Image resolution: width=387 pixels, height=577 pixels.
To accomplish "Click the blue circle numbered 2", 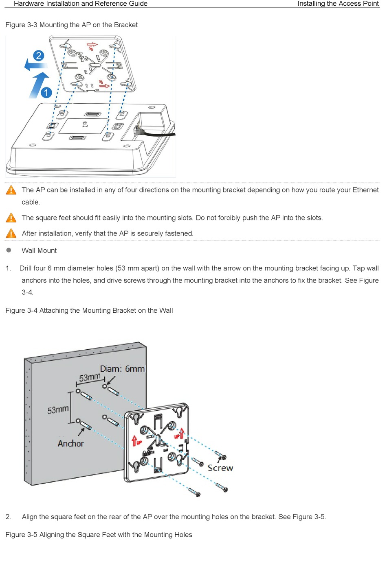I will pyautogui.click(x=38, y=56).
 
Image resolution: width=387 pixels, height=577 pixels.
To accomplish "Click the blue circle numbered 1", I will pyautogui.click(x=46, y=92).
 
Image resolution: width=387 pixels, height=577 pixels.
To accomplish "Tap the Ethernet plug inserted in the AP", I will pyautogui.click(x=139, y=131).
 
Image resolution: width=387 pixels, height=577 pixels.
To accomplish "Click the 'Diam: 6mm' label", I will pyautogui.click(x=122, y=369).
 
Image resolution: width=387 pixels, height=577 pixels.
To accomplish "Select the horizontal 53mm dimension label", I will pyautogui.click(x=90, y=377).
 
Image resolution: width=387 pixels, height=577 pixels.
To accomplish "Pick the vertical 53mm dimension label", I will pyautogui.click(x=58, y=409).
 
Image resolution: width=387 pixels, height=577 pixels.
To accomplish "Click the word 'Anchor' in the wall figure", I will pyautogui.click(x=70, y=444).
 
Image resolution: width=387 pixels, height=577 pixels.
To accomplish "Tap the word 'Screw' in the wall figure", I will pyautogui.click(x=220, y=468).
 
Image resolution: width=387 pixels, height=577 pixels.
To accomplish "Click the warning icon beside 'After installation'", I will pyautogui.click(x=11, y=233).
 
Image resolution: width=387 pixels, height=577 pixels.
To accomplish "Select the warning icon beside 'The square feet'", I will pyautogui.click(x=11, y=218).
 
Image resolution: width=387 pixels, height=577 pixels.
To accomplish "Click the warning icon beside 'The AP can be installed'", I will pyautogui.click(x=11, y=190).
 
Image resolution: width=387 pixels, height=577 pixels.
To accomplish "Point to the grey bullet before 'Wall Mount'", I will pyautogui.click(x=9, y=250).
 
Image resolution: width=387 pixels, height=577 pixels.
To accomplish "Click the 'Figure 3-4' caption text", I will pyautogui.click(x=89, y=311).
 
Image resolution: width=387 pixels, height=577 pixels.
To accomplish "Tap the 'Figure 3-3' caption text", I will pyautogui.click(x=72, y=25).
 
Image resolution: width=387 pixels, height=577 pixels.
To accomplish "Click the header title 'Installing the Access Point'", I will pyautogui.click(x=338, y=4).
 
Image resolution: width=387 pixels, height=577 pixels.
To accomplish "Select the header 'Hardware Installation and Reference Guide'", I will pyautogui.click(x=81, y=4).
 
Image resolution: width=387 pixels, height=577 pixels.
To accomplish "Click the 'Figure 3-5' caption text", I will pyautogui.click(x=99, y=535).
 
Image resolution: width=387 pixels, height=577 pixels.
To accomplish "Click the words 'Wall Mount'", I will pyautogui.click(x=39, y=250).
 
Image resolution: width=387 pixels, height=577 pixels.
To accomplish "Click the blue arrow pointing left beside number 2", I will pyautogui.click(x=34, y=65).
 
